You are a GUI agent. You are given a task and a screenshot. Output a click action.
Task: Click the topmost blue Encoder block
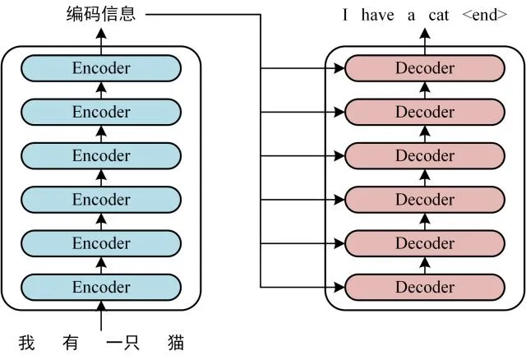coord(101,68)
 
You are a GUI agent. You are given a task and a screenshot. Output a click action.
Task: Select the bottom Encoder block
coord(101,287)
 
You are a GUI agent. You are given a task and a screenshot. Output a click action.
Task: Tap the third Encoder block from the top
coord(101,155)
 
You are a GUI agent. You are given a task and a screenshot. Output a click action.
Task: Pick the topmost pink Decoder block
coord(425,68)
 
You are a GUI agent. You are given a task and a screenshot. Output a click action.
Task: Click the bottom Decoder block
coord(425,287)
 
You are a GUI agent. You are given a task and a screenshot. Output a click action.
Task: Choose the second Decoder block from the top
coord(425,112)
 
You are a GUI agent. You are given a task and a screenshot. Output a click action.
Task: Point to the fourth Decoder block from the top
coord(425,199)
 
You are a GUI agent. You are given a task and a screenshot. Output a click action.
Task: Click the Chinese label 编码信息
coord(101,14)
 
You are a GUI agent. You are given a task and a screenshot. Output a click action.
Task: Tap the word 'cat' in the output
coord(439,15)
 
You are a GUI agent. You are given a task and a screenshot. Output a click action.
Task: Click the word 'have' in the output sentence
coord(377,15)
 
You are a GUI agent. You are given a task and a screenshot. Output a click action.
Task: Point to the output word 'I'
coord(346,15)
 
